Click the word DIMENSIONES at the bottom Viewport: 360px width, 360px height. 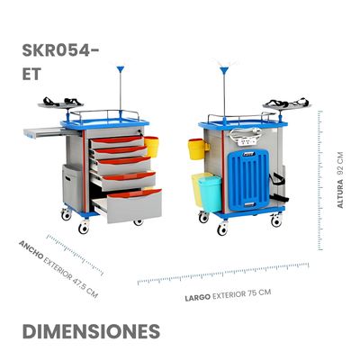point(91,331)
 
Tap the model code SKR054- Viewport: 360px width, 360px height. point(60,50)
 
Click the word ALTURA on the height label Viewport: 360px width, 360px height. point(340,193)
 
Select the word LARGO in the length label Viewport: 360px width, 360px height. point(197,298)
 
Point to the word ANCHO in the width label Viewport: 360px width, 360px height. point(31,249)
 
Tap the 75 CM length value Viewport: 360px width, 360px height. point(259,292)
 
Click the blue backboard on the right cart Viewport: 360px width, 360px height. point(248,180)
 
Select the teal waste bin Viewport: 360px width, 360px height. point(210,193)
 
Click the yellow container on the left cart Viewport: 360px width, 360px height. point(151,147)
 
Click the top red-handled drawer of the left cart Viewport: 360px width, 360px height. point(118,141)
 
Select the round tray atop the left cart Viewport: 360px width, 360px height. point(60,105)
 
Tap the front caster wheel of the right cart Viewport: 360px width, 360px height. point(222,229)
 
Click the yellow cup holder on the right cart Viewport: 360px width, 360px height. point(196,149)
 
